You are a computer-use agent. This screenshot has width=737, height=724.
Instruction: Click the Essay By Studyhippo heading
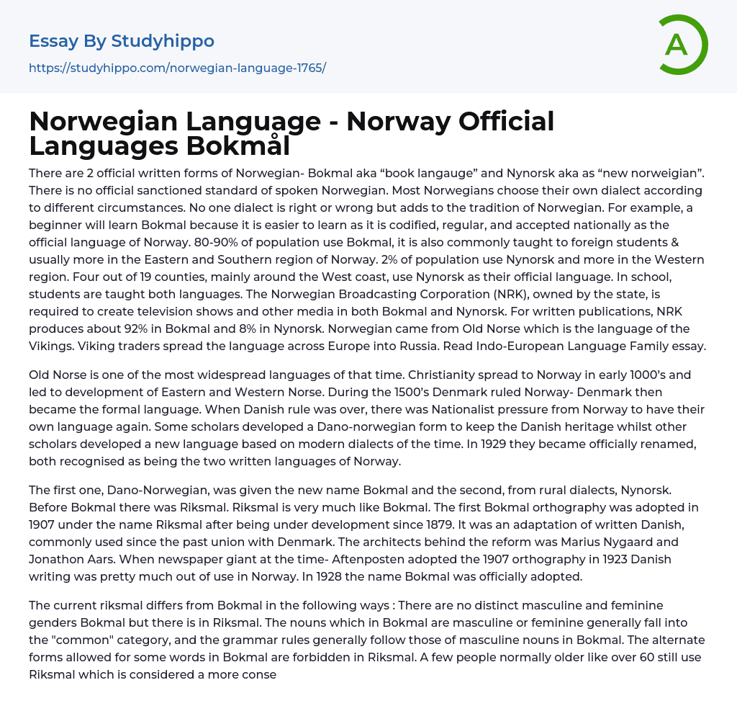pos(122,41)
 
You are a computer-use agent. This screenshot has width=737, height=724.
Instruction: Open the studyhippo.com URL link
pos(177,68)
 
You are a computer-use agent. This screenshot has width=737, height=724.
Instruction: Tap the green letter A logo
pos(677,45)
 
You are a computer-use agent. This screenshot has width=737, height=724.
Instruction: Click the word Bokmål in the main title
pos(238,146)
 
